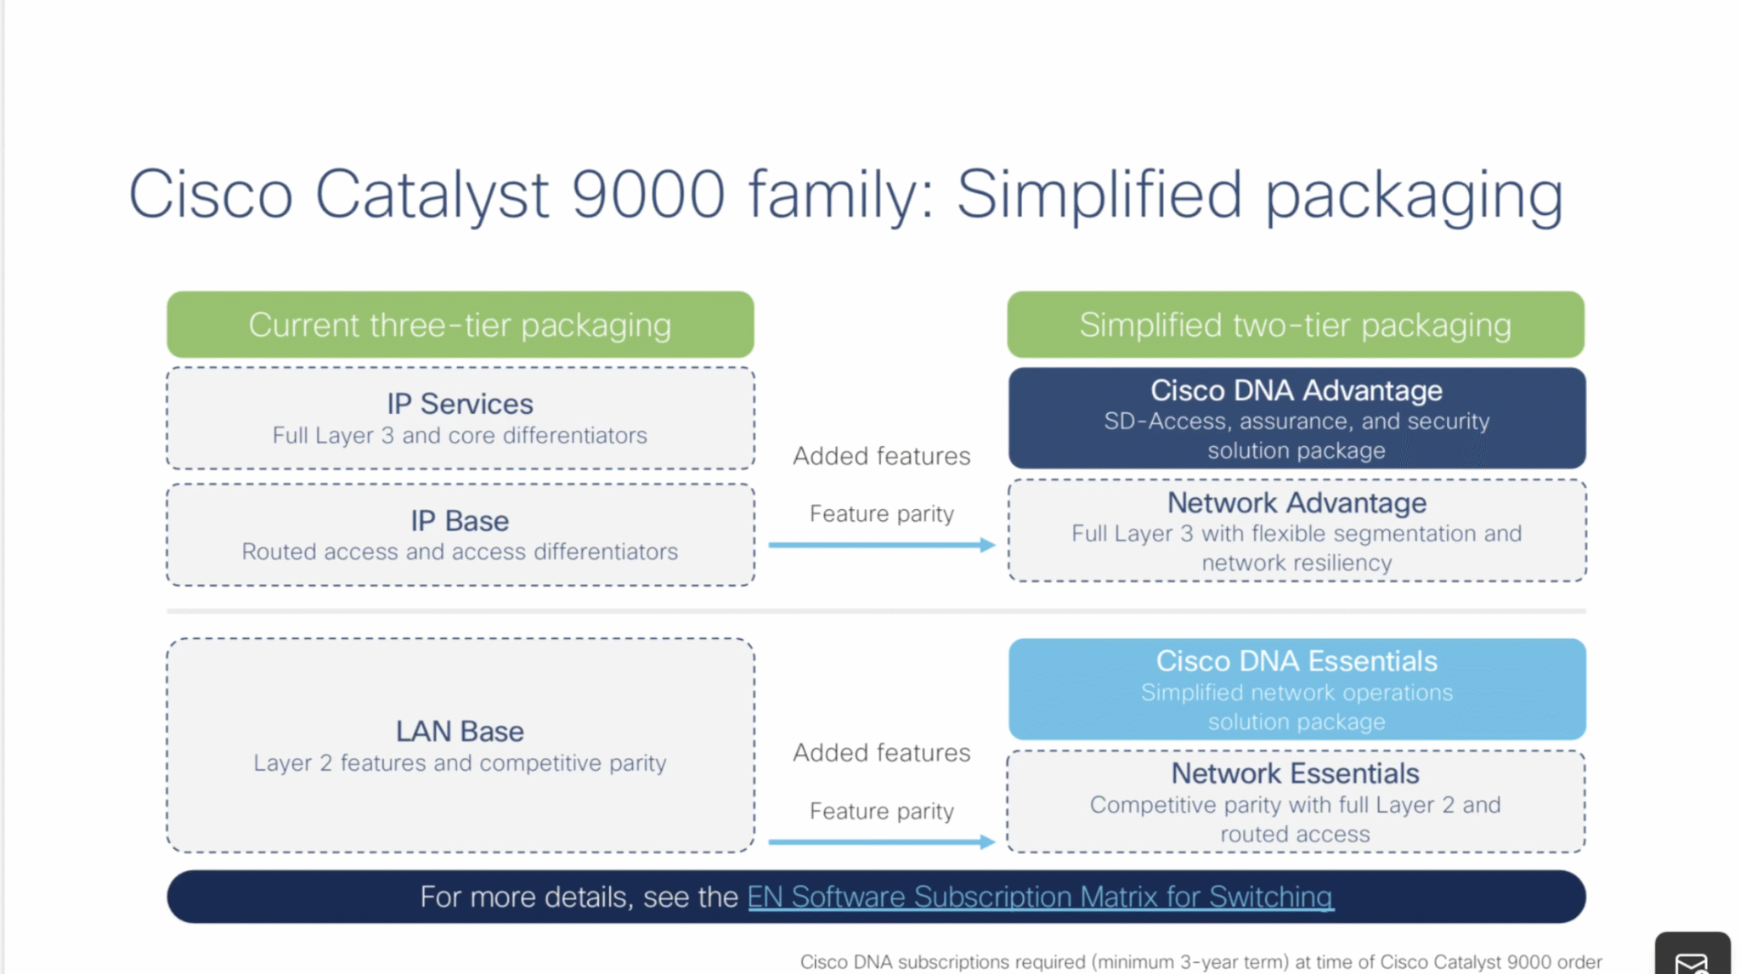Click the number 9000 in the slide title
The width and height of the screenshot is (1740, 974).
[647, 194]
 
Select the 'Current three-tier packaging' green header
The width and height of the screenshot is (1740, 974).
[460, 325]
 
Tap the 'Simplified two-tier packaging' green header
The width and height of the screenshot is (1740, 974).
[1295, 325]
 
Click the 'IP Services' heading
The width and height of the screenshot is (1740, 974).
[460, 404]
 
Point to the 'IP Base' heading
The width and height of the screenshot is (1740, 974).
[460, 520]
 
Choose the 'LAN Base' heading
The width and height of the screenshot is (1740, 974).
[460, 731]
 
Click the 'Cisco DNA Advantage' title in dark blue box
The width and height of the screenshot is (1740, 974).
[1296, 390]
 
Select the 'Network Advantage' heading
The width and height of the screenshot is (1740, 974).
[1296, 502]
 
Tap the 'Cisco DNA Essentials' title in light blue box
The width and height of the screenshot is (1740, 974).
[1296, 660]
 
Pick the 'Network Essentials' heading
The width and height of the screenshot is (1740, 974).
[1295, 773]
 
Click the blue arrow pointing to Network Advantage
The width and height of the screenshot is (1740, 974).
[881, 545]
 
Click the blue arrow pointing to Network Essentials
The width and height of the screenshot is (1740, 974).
[881, 841]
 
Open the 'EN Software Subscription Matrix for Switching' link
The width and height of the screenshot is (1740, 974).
[1040, 897]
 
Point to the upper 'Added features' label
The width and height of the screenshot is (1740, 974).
[881, 456]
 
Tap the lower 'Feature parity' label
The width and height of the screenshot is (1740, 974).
[881, 811]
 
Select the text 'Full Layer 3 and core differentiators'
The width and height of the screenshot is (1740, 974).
[460, 435]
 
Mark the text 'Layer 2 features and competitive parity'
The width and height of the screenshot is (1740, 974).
[460, 762]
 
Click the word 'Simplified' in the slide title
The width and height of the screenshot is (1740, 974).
[1099, 194]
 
